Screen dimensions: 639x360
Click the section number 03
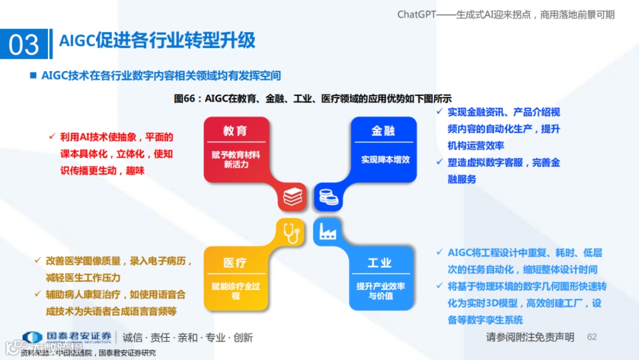(24, 45)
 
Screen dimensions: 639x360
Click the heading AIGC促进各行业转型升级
(157, 40)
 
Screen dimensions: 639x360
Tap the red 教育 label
(235, 131)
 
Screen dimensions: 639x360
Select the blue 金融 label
(383, 131)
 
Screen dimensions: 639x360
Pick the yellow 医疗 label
(235, 262)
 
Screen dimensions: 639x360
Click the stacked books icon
(292, 197)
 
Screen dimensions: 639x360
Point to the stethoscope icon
(291, 232)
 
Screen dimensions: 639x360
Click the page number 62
(592, 337)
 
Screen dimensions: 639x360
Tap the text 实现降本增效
(385, 159)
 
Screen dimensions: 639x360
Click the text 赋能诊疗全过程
(235, 290)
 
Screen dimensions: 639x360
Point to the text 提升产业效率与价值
(380, 290)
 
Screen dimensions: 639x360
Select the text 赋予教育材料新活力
(235, 159)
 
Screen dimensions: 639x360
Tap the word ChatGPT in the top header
(417, 14)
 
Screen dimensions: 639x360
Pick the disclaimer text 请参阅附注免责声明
(530, 337)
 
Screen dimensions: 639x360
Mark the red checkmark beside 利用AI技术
(51, 137)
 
